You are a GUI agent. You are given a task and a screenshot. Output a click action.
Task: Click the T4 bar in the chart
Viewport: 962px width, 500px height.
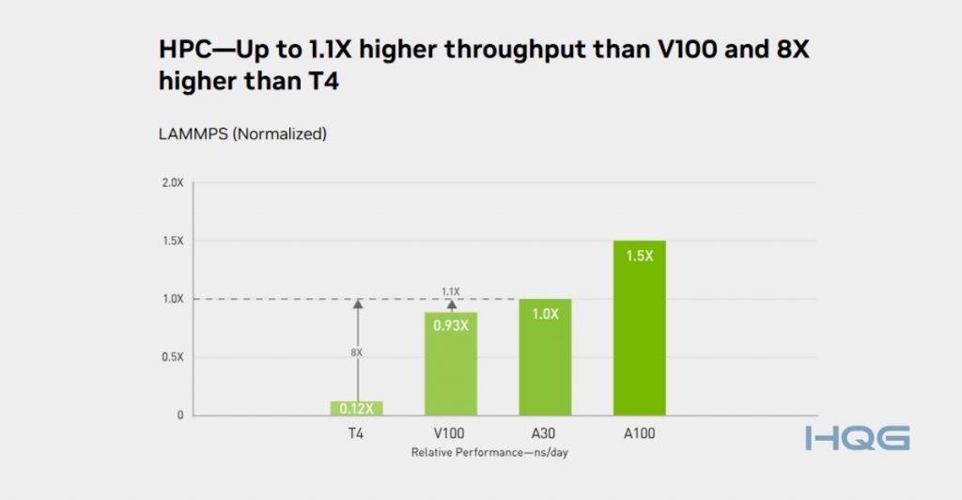tap(356, 408)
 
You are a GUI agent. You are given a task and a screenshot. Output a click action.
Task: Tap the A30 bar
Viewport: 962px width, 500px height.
tap(545, 357)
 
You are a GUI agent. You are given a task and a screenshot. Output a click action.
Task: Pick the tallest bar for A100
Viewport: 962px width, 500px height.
tap(639, 328)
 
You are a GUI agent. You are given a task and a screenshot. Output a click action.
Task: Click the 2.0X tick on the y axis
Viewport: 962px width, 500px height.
tap(172, 182)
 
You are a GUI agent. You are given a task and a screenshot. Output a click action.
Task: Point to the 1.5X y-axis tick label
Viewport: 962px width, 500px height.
tap(172, 241)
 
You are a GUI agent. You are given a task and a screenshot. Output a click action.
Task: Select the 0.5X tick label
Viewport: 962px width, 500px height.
tap(172, 357)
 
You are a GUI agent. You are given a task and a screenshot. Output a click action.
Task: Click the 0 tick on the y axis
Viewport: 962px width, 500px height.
tap(179, 415)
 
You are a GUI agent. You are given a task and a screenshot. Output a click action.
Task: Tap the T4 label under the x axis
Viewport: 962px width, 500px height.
tap(356, 433)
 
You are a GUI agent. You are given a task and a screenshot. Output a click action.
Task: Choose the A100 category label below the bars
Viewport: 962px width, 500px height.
tap(639, 433)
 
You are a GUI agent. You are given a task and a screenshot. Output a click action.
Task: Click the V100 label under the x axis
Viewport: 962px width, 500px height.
tap(451, 433)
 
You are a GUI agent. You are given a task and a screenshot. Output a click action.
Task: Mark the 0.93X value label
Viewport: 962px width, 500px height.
tap(451, 326)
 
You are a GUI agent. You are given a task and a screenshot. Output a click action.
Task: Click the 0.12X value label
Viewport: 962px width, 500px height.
tap(356, 409)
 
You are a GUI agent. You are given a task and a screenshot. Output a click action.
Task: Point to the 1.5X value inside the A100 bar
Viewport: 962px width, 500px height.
tap(639, 255)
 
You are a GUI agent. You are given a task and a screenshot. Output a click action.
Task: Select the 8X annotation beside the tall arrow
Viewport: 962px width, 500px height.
tap(356, 352)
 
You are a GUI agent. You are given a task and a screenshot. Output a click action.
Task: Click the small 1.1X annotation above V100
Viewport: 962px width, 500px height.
tap(451, 291)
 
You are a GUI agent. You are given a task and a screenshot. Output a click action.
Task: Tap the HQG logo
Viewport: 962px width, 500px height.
tap(857, 438)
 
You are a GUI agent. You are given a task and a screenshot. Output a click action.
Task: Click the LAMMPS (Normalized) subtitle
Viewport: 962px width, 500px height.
tap(242, 134)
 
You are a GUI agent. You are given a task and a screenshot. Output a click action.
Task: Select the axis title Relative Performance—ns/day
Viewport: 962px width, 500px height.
tap(490, 453)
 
